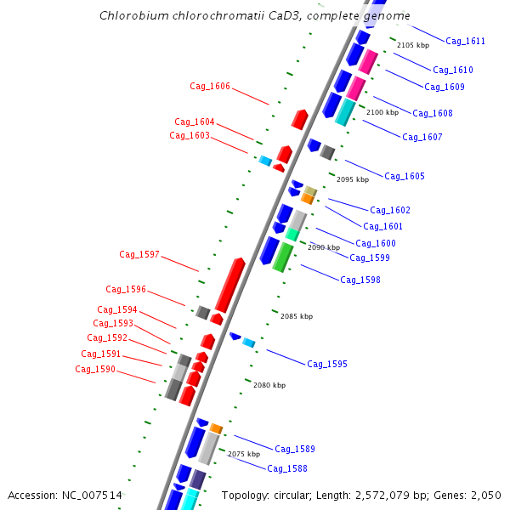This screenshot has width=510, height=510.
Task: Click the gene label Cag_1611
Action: pyautogui.click(x=465, y=41)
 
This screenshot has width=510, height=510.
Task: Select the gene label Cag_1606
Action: pyautogui.click(x=210, y=86)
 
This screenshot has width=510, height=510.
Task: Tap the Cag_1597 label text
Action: pyautogui.click(x=139, y=254)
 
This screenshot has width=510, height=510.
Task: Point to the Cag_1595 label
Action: pyautogui.click(x=327, y=364)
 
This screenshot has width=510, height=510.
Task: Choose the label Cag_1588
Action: pyautogui.click(x=287, y=468)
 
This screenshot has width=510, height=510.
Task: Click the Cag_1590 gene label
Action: pyautogui.click(x=95, y=369)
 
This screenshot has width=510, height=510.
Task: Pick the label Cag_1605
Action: pyautogui.click(x=405, y=176)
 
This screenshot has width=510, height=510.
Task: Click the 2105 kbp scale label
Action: pyautogui.click(x=413, y=45)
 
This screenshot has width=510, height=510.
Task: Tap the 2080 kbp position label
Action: pyautogui.click(x=269, y=385)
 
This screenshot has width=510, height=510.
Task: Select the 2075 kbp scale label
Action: pyautogui.click(x=244, y=454)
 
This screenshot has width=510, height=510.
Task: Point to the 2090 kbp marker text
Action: pyautogui.click(x=324, y=247)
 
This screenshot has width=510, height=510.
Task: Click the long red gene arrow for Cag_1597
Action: pyautogui.click(x=230, y=285)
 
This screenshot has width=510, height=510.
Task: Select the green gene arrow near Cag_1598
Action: pyautogui.click(x=283, y=257)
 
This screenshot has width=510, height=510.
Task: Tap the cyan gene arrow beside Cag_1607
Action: pyautogui.click(x=345, y=112)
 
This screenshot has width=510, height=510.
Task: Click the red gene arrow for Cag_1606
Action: pyautogui.click(x=299, y=119)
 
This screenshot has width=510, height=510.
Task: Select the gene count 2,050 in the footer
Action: pyautogui.click(x=485, y=495)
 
